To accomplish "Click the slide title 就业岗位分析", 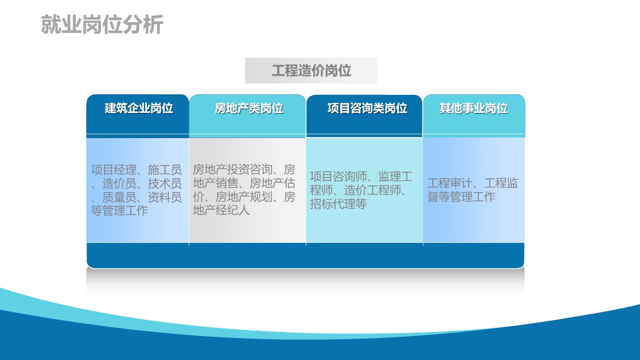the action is [x=102, y=25].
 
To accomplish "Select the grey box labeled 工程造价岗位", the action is [x=311, y=71].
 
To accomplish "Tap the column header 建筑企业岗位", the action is [x=138, y=108].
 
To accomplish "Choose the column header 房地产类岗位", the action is [x=249, y=108].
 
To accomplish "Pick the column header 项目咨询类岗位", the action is [x=367, y=108].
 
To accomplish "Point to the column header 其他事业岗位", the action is [x=474, y=108].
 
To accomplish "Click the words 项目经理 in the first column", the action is [x=114, y=170].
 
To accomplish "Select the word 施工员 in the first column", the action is [x=165, y=170].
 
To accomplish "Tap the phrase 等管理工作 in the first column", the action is [x=119, y=211].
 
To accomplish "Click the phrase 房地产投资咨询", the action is [x=232, y=169].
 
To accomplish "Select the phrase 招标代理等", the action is [x=338, y=204].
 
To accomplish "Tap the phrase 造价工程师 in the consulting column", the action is [x=373, y=190].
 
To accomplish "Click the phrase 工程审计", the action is [x=450, y=183].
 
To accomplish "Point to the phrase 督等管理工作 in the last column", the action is [x=461, y=197].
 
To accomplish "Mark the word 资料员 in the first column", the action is [x=165, y=197].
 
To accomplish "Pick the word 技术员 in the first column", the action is [x=165, y=184].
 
